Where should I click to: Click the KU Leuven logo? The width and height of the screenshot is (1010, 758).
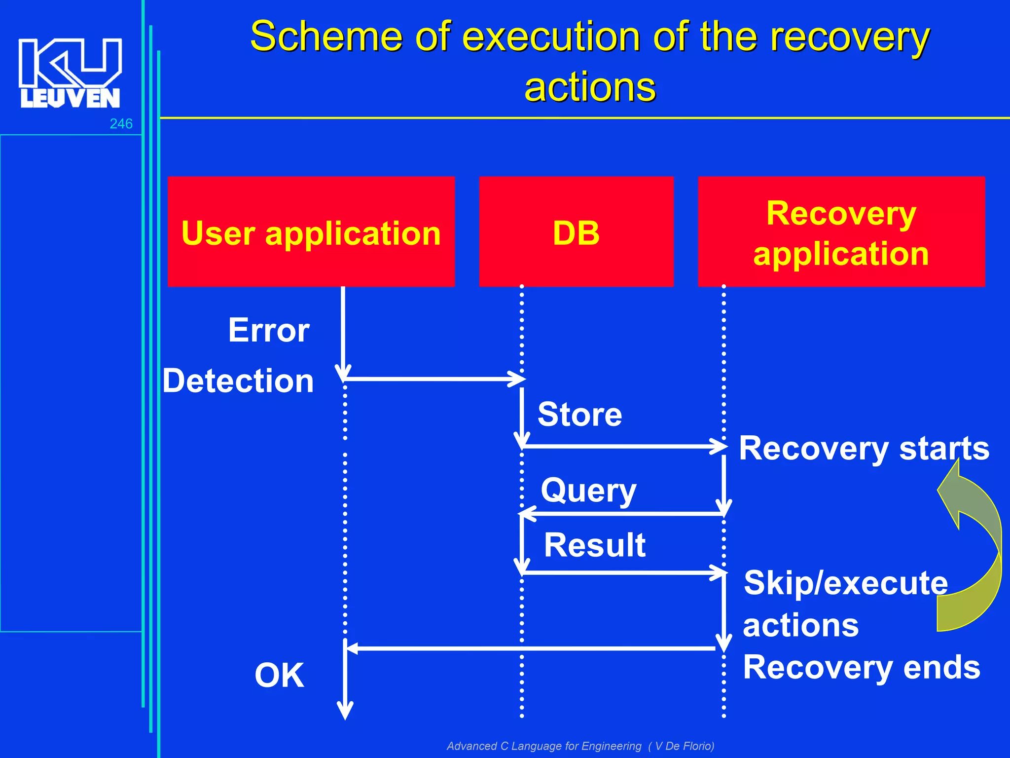(70, 73)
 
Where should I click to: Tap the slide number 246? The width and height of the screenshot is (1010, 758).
(121, 124)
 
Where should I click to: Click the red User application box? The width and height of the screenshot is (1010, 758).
(311, 232)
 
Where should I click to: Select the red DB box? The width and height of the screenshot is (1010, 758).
(576, 232)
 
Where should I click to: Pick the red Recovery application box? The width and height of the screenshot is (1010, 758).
(841, 232)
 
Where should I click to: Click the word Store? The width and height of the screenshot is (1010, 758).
(579, 415)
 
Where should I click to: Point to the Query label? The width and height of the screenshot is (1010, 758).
(588, 491)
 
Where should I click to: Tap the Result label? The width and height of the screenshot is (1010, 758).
(594, 545)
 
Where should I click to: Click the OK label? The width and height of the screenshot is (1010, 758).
(279, 675)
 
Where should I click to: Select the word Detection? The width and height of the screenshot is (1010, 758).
(238, 381)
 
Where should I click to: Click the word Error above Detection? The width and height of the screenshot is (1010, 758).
(269, 330)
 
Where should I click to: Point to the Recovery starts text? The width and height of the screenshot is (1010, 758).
(864, 449)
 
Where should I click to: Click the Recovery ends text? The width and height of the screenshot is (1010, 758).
(861, 667)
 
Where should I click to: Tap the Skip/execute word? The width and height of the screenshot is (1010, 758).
(845, 583)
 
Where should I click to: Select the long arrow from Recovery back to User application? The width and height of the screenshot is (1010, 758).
(530, 648)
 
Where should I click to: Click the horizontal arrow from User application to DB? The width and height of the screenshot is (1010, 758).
(434, 379)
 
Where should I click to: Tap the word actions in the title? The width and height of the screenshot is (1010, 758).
(590, 87)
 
